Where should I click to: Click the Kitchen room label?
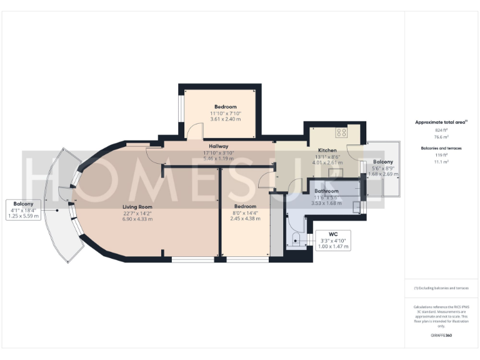327,151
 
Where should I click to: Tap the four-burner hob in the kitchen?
342,132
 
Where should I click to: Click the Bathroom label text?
326,191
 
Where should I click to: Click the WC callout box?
333,240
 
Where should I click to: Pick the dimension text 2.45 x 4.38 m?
244,219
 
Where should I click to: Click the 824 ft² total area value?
441,130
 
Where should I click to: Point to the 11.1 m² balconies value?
441,161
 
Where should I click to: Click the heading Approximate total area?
441,122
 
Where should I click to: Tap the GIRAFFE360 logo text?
441,336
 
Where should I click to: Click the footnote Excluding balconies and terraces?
441,288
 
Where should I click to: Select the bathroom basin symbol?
357,207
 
